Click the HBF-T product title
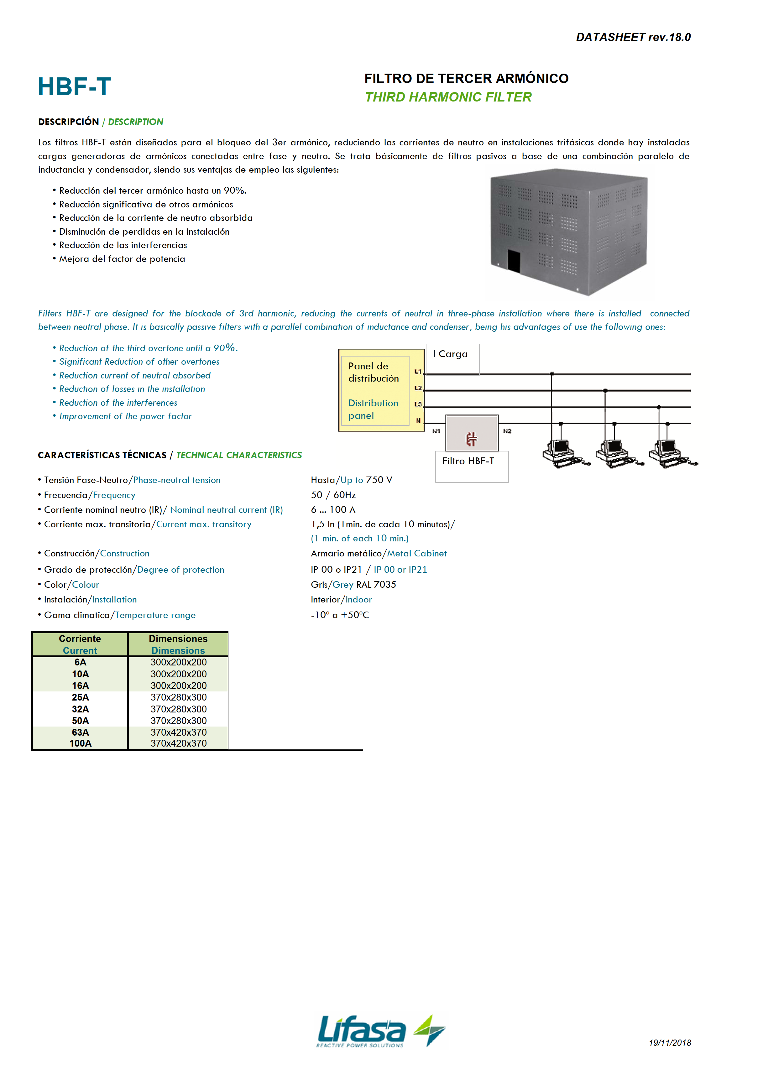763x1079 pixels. pos(74,87)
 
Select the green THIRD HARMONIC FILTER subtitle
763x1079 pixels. pos(448,97)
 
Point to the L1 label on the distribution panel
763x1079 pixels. pos(417,372)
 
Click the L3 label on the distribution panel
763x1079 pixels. pos(417,404)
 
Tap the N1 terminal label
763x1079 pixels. pos(436,431)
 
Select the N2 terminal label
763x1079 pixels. pos(507,431)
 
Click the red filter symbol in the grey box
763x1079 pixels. pos(472,439)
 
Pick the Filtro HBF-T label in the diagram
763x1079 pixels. pos(468,461)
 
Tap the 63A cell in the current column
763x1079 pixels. pos(81,732)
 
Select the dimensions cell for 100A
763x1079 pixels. pos(178,743)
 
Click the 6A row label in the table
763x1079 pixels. pos(81,662)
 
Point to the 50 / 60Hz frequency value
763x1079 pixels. pos(333,495)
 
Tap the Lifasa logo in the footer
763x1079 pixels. pos(381,1031)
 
